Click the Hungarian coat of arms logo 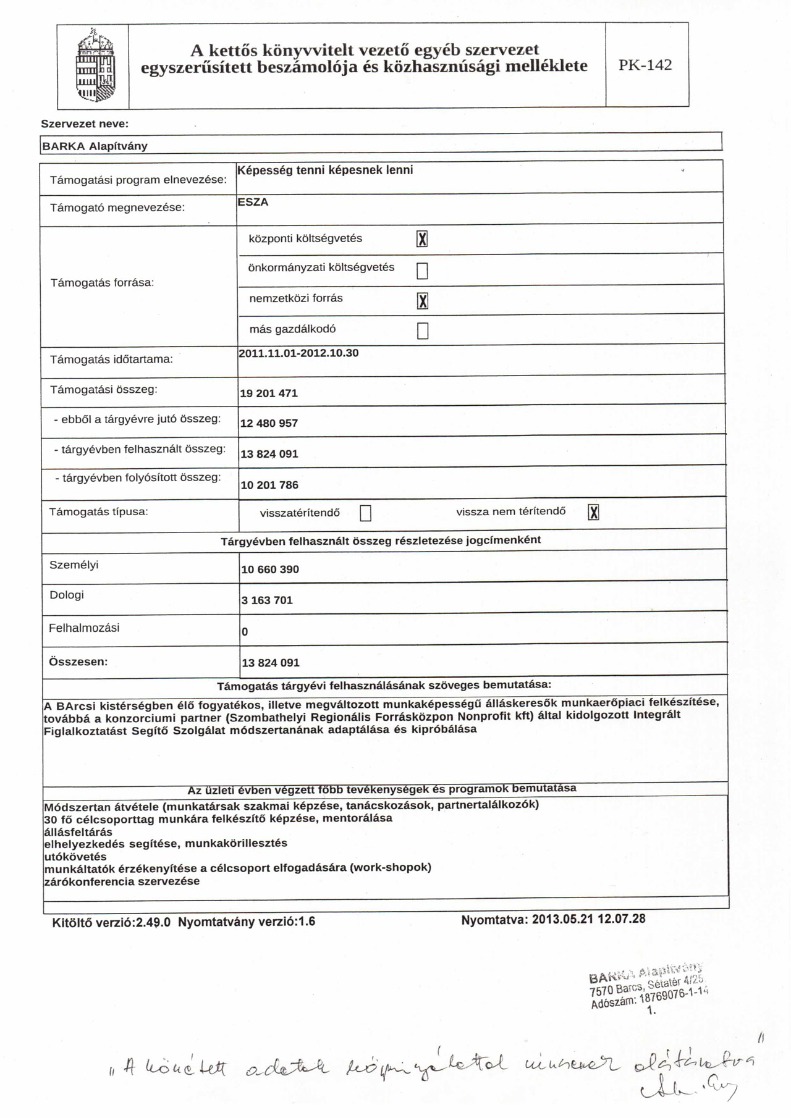(95, 67)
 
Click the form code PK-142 (645, 65)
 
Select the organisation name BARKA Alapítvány (95, 146)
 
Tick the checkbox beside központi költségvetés (422, 239)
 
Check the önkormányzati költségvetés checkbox (422, 271)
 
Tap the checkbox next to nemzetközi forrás (423, 301)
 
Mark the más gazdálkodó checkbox (423, 331)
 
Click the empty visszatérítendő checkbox (366, 513)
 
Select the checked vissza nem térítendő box (593, 512)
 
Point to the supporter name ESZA (253, 202)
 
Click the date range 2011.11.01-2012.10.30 (298, 353)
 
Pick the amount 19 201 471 (269, 393)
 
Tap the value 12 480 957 (269, 424)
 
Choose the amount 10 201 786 (269, 485)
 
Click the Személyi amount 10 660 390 (270, 570)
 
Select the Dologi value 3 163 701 (267, 600)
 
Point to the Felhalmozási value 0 (245, 632)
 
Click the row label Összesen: (78, 662)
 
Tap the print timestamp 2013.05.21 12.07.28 (588, 919)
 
